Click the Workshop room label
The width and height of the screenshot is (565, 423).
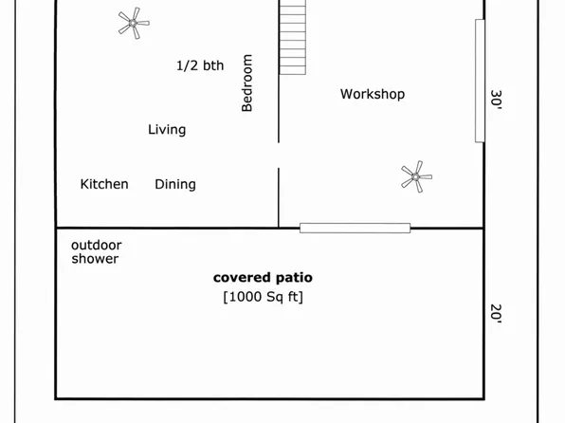coord(373,94)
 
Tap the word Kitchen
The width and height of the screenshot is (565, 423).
coord(104,184)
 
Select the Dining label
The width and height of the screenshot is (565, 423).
coord(175,184)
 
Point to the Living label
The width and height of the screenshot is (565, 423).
coord(167,129)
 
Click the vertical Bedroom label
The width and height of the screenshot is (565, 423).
coord(247,83)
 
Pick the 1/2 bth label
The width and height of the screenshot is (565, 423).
coord(200,65)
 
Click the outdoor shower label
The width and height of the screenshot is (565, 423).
coord(96,251)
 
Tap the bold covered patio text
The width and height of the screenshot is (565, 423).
coord(263,278)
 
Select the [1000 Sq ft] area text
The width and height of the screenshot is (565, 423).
coord(263,297)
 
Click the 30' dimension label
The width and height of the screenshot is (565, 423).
coord(496,100)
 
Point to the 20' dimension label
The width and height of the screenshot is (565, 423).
coord(496,313)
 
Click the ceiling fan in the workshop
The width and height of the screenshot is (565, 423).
coord(415,176)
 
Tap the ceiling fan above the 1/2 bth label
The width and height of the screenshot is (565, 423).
coord(134,23)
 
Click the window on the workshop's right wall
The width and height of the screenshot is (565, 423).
coord(480,81)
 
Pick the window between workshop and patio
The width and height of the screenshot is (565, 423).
coord(355,228)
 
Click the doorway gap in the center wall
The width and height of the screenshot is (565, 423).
coord(278,156)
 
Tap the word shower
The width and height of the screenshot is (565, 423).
coord(96,259)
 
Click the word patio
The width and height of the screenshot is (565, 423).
coord(292,278)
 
